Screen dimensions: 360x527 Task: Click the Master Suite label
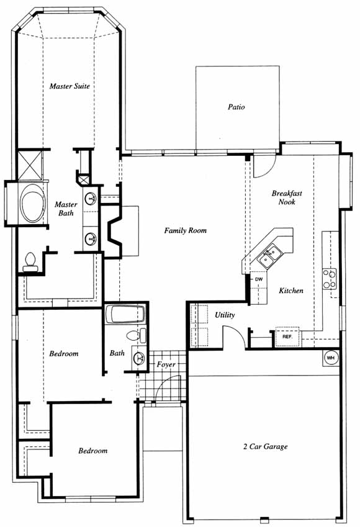pyautogui.click(x=70, y=86)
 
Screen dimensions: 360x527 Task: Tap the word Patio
pyautogui.click(x=236, y=107)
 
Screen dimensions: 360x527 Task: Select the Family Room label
pyautogui.click(x=185, y=230)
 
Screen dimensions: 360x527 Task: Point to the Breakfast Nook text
pyautogui.click(x=287, y=197)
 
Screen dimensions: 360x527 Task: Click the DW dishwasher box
pyautogui.click(x=258, y=279)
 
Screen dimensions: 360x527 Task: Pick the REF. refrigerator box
pyautogui.click(x=287, y=336)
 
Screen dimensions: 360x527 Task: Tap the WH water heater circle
pyautogui.click(x=331, y=358)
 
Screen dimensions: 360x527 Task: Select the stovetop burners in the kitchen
pyautogui.click(x=330, y=279)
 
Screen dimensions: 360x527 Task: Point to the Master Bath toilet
pyautogui.click(x=30, y=262)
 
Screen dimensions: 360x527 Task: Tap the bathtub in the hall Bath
pyautogui.click(x=125, y=314)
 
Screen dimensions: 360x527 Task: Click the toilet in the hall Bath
pyautogui.click(x=137, y=336)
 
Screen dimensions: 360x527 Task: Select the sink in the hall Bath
pyautogui.click(x=139, y=358)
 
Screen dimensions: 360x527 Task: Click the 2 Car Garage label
pyautogui.click(x=266, y=447)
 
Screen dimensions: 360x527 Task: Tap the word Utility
pyautogui.click(x=225, y=315)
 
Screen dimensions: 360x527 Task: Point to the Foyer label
pyautogui.click(x=166, y=364)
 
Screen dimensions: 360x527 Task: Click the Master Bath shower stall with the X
pyautogui.click(x=30, y=165)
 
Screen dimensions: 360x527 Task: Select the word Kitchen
pyautogui.click(x=291, y=291)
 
